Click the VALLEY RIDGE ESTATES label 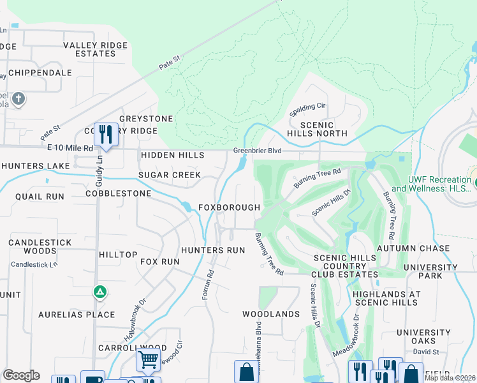(95, 49)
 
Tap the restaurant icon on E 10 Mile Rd (106, 134)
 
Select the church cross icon (18, 99)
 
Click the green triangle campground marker (99, 292)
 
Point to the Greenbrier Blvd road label (257, 151)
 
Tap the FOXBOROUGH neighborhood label (229, 207)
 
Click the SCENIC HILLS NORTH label (317, 129)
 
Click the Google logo (21, 375)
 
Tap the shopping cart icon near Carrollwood (148, 359)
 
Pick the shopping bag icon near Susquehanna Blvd (246, 372)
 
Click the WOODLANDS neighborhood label (271, 314)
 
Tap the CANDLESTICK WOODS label (33, 248)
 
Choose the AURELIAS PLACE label (77, 315)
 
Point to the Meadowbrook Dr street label (345, 335)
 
